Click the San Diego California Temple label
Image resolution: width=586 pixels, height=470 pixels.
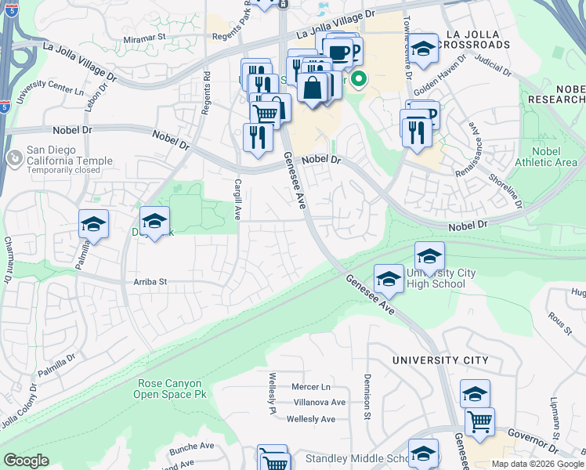point(69,155)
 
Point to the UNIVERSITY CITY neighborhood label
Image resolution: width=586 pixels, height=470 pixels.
point(440,360)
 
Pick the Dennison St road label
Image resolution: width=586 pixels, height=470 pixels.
point(366,396)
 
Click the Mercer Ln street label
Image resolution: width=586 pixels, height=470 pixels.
point(310,387)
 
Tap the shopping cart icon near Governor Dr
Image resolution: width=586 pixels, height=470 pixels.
point(479,422)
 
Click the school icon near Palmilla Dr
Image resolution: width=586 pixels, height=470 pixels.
point(93,225)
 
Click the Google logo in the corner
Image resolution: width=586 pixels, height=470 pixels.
point(26,461)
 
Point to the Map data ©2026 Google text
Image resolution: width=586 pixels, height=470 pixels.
point(537,464)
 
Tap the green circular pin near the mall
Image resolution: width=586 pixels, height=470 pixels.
point(360,78)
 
